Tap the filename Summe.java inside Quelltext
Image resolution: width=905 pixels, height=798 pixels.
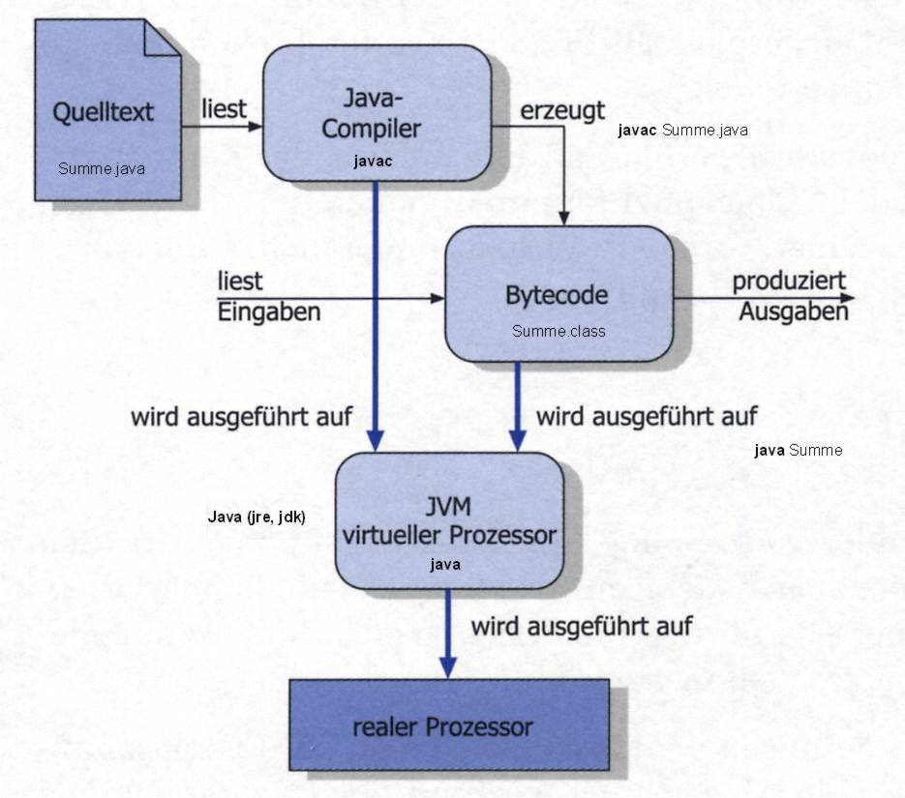click(x=102, y=169)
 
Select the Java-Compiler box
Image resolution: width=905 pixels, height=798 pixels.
click(x=377, y=111)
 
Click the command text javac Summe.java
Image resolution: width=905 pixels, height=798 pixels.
click(x=682, y=131)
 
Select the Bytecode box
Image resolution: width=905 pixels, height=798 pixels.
click(x=558, y=292)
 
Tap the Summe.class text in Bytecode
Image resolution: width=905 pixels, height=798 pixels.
click(x=558, y=331)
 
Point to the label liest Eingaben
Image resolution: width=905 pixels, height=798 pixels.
click(x=268, y=296)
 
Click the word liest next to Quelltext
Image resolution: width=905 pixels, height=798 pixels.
click(x=223, y=109)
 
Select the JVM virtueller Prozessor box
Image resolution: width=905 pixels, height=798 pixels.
click(x=449, y=519)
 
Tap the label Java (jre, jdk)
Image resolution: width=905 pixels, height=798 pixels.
click(x=256, y=517)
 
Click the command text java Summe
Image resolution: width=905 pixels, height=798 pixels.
click(x=798, y=450)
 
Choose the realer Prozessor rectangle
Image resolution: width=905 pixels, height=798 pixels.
click(x=449, y=724)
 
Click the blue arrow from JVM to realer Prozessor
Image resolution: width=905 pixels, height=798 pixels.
click(x=447, y=633)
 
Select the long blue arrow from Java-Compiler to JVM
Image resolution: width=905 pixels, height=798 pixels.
click(x=374, y=319)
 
